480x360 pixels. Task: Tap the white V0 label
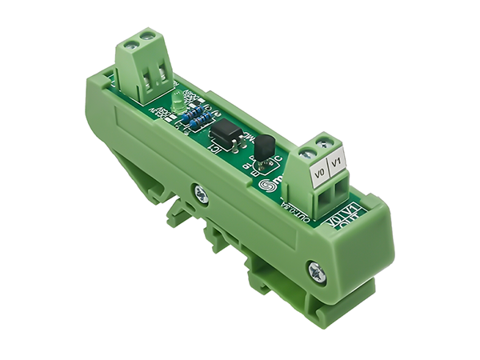(320, 171)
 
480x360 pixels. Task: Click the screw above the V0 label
(306, 153)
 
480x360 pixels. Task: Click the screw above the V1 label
(323, 144)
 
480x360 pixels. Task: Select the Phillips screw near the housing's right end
(317, 272)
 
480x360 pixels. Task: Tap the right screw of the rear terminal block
(146, 37)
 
